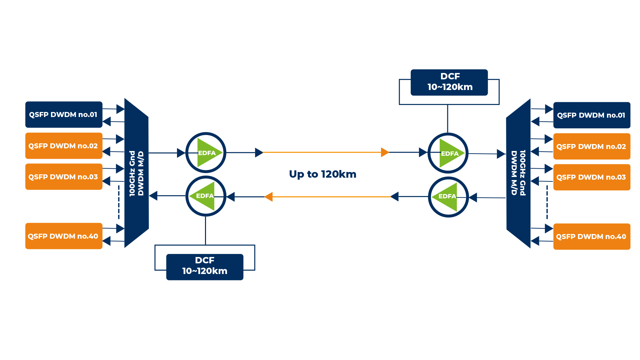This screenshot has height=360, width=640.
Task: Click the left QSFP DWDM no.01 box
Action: (x=64, y=115)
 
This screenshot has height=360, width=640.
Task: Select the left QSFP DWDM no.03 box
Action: (x=64, y=177)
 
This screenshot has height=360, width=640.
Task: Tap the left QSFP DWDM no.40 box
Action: (x=64, y=236)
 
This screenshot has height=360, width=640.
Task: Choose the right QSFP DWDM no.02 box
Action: (x=592, y=146)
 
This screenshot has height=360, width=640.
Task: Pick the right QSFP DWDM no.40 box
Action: (x=592, y=237)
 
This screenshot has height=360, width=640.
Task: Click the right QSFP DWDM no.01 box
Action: (x=592, y=115)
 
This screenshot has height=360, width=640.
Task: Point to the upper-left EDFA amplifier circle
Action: (x=206, y=153)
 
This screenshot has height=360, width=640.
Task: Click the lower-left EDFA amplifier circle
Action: (x=206, y=196)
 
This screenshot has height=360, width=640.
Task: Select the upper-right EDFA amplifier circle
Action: (x=448, y=153)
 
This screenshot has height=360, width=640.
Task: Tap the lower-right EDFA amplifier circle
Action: (x=448, y=197)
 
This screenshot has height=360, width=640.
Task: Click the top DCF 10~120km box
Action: (x=449, y=82)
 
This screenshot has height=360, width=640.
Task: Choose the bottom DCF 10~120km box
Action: (x=205, y=267)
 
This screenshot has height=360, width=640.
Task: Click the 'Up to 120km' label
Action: (x=323, y=174)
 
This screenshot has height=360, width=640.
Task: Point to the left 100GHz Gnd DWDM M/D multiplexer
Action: (x=137, y=173)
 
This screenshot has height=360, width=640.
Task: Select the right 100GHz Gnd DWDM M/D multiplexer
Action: (x=518, y=173)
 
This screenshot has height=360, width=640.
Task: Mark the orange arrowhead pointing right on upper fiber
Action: (x=385, y=152)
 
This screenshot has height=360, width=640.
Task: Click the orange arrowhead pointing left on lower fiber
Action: (x=269, y=197)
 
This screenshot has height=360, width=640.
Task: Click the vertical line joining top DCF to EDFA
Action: (x=448, y=119)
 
